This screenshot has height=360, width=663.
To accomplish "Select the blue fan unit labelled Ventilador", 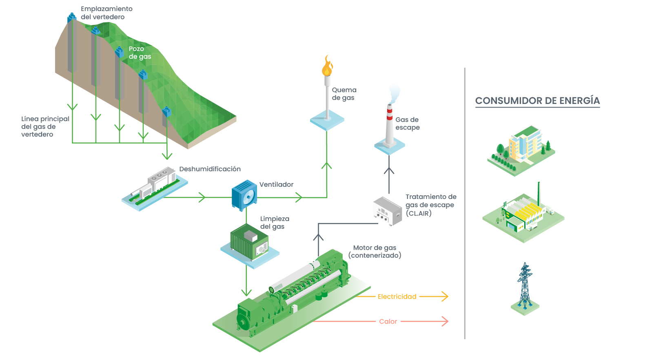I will pyautogui.click(x=244, y=195).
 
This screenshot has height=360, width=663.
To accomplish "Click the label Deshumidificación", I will pyautogui.click(x=210, y=169).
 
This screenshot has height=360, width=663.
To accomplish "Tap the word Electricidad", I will pyautogui.click(x=397, y=297).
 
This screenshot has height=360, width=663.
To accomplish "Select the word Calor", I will pyautogui.click(x=388, y=322).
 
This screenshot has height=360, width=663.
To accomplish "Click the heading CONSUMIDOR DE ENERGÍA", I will pyautogui.click(x=537, y=101).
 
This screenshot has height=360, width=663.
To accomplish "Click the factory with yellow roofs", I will pyautogui.click(x=523, y=215).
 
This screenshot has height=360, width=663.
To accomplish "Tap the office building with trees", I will pyautogui.click(x=522, y=148).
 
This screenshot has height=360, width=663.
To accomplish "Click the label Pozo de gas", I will pyautogui.click(x=140, y=53).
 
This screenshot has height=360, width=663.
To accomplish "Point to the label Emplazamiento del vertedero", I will pyautogui.click(x=106, y=13).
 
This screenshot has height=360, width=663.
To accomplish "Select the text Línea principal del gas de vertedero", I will pyautogui.click(x=45, y=126).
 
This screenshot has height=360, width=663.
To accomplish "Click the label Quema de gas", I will pyautogui.click(x=344, y=94).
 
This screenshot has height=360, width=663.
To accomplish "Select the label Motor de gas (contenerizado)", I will pyautogui.click(x=375, y=252).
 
